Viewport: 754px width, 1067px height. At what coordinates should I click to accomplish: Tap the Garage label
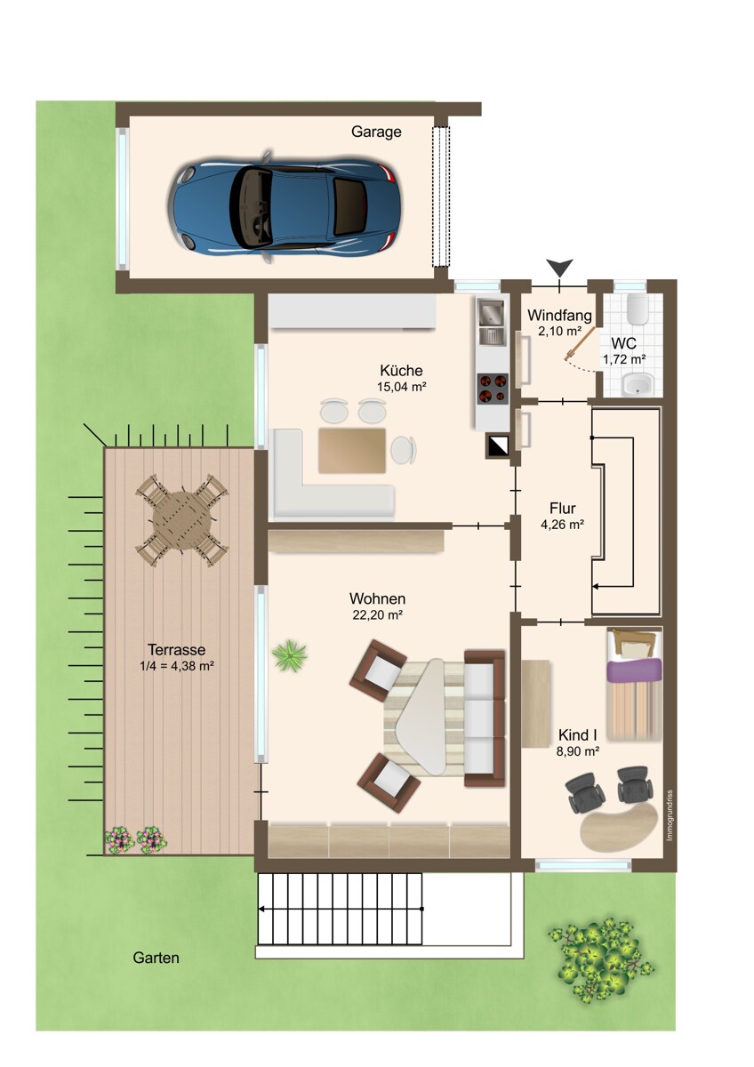[x=376, y=132]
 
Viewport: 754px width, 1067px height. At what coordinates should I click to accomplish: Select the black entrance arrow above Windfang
[x=559, y=268]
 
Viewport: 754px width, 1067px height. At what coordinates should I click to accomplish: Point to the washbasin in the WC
[x=638, y=384]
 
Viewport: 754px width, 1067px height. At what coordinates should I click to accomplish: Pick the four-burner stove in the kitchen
[x=493, y=388]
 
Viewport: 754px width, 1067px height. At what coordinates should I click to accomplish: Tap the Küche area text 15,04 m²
[x=402, y=387]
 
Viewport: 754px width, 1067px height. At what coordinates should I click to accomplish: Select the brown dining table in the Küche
[x=352, y=451]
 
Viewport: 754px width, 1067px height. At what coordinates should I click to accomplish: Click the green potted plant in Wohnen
[x=290, y=656]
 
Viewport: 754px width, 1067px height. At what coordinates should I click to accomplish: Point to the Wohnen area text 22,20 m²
[x=378, y=615]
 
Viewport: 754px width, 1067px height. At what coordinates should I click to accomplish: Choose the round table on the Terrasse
[x=183, y=520]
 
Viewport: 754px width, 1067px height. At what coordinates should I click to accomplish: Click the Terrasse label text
[x=176, y=649]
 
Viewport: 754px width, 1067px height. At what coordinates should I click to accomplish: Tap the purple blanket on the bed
[x=634, y=670]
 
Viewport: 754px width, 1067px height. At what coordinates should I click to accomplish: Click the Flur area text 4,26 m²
[x=563, y=525]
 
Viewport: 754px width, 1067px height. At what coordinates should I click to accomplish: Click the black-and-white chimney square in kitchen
[x=497, y=446]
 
